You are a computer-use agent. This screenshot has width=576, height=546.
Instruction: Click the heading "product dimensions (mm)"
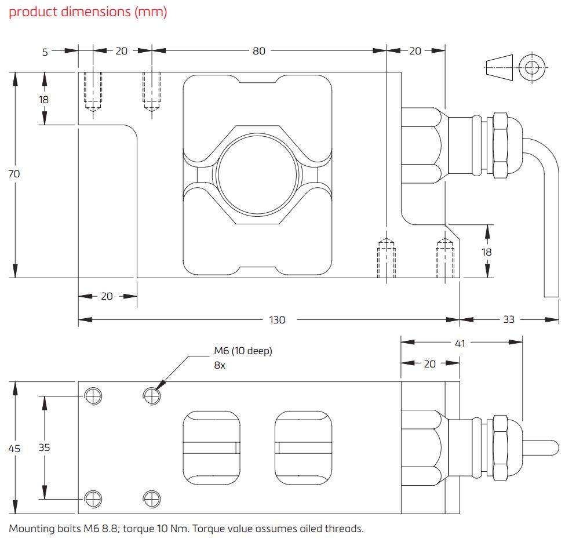(x=88, y=12)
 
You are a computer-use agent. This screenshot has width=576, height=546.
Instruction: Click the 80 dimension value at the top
(x=258, y=51)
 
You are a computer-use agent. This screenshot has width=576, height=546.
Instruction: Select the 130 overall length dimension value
(x=278, y=320)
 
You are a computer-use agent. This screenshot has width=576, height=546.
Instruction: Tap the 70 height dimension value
(x=14, y=173)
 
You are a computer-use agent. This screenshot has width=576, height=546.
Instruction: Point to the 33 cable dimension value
(x=508, y=320)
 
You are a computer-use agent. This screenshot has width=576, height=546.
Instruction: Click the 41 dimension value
(x=460, y=344)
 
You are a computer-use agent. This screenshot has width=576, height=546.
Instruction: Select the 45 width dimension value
(x=14, y=448)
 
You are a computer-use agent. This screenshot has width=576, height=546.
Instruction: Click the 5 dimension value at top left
(x=45, y=52)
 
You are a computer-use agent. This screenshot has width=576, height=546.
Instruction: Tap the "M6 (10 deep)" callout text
(x=243, y=351)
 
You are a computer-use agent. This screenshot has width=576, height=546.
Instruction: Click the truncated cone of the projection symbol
(x=500, y=68)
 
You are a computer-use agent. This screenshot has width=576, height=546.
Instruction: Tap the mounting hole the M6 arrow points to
(x=151, y=396)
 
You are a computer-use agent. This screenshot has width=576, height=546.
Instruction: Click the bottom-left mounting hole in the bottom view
(x=93, y=498)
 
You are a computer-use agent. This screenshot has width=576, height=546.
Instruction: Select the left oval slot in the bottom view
(x=212, y=447)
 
